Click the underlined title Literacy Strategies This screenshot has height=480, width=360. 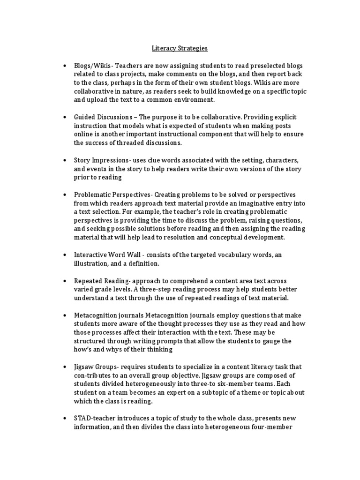pos(180,48)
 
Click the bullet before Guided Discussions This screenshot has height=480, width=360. pos(64,116)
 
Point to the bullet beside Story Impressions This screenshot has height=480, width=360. pos(64,160)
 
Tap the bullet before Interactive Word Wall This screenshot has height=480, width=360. pos(64,255)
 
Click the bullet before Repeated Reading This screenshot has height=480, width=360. pos(64,280)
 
